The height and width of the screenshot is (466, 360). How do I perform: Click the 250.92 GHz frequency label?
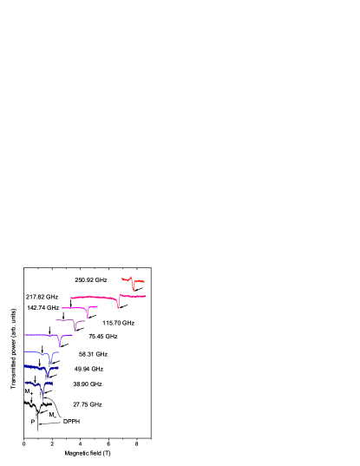point(90,279)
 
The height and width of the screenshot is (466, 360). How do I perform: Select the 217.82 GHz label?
point(42,297)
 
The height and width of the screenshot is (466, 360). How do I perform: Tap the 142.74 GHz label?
point(43,307)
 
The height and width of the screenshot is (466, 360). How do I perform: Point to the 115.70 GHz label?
point(118,323)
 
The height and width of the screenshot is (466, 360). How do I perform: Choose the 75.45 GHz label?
point(102,336)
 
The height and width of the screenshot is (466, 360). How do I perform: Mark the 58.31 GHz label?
point(93,354)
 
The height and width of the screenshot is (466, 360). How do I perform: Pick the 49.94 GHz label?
point(88,369)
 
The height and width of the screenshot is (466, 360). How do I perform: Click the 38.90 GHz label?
point(87,384)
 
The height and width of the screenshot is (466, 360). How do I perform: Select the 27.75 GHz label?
point(87,404)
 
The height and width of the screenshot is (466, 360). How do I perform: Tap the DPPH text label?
point(71,421)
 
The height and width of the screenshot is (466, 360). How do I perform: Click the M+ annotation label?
point(29,392)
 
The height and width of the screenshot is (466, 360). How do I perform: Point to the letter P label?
point(33,422)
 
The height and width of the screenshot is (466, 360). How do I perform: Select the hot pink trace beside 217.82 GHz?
point(95,297)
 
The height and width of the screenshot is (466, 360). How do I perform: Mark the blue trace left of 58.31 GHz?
point(38,353)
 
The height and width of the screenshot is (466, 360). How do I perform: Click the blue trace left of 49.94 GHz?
point(39,368)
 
